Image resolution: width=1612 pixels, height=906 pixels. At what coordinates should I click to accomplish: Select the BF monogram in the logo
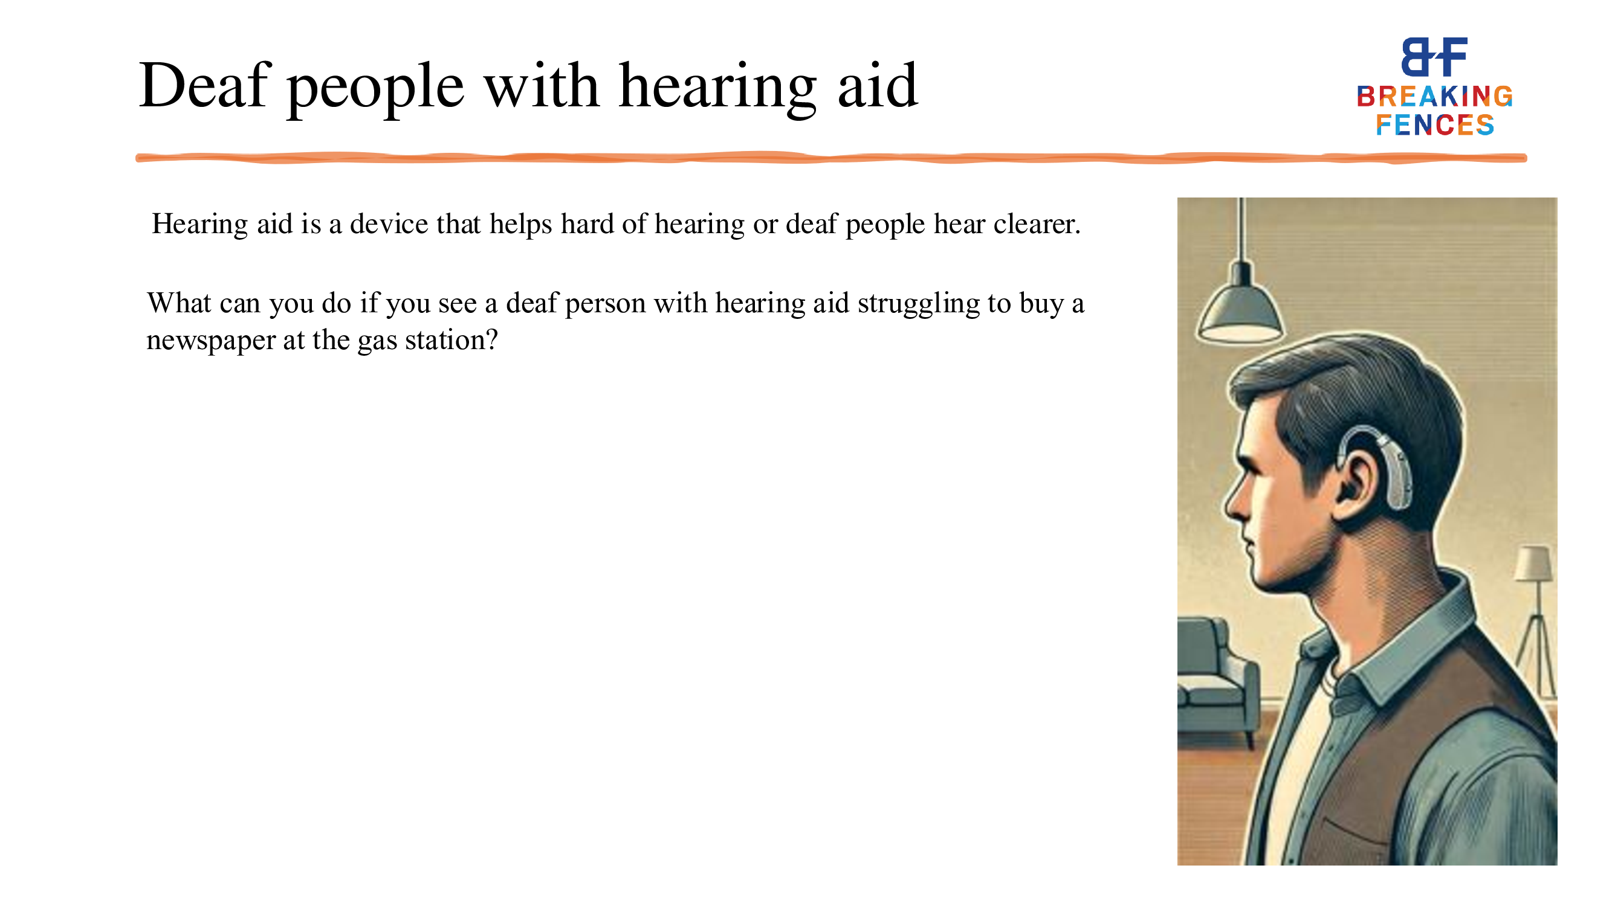[1434, 56]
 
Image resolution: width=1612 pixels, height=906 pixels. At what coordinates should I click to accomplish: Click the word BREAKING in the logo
[1434, 96]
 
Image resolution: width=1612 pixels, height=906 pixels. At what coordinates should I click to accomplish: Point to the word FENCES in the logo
[1434, 125]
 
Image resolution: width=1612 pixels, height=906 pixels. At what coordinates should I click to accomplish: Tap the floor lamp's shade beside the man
[1534, 563]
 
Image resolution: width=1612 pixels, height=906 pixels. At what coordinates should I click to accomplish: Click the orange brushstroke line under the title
[831, 158]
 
